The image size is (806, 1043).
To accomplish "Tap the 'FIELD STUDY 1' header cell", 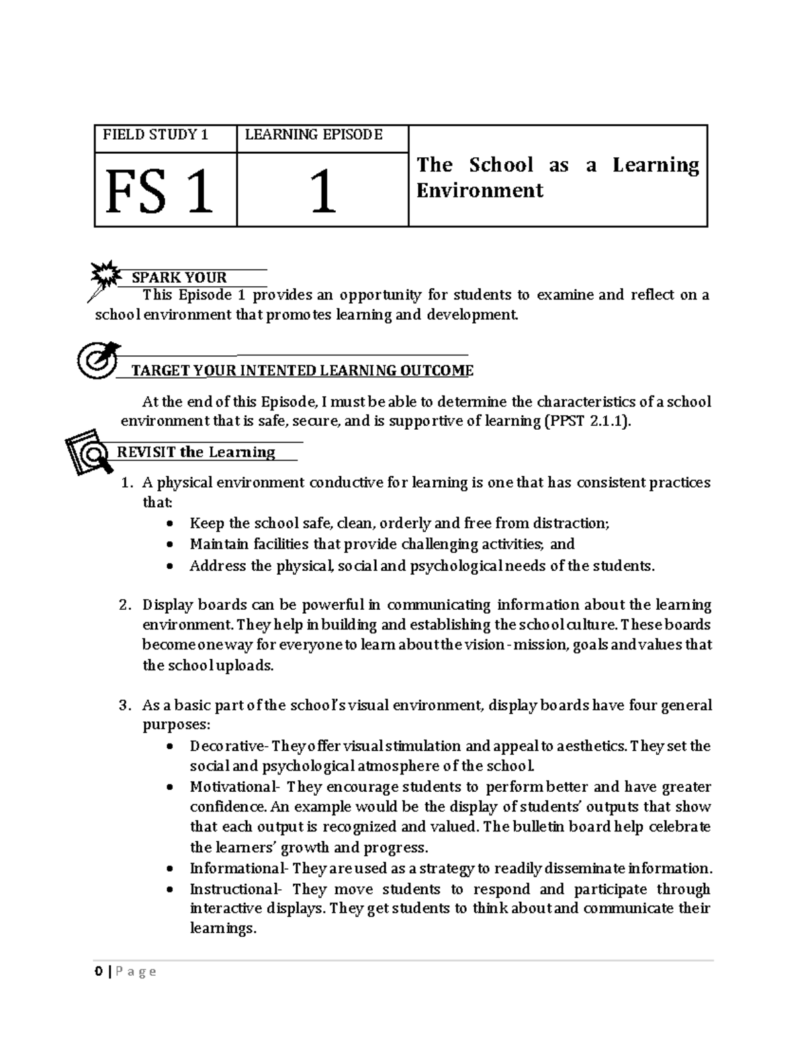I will point(155,135).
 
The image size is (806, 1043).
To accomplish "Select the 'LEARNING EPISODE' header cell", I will point(314,135).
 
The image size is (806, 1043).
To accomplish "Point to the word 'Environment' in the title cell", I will point(480,191).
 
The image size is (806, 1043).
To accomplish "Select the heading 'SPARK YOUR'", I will point(179,277).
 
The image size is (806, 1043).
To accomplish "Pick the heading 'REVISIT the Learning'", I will point(196,452).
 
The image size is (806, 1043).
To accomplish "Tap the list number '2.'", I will point(125,605).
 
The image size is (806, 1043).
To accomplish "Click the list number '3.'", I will point(125,706).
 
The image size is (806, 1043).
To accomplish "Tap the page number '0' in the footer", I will point(98,971).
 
